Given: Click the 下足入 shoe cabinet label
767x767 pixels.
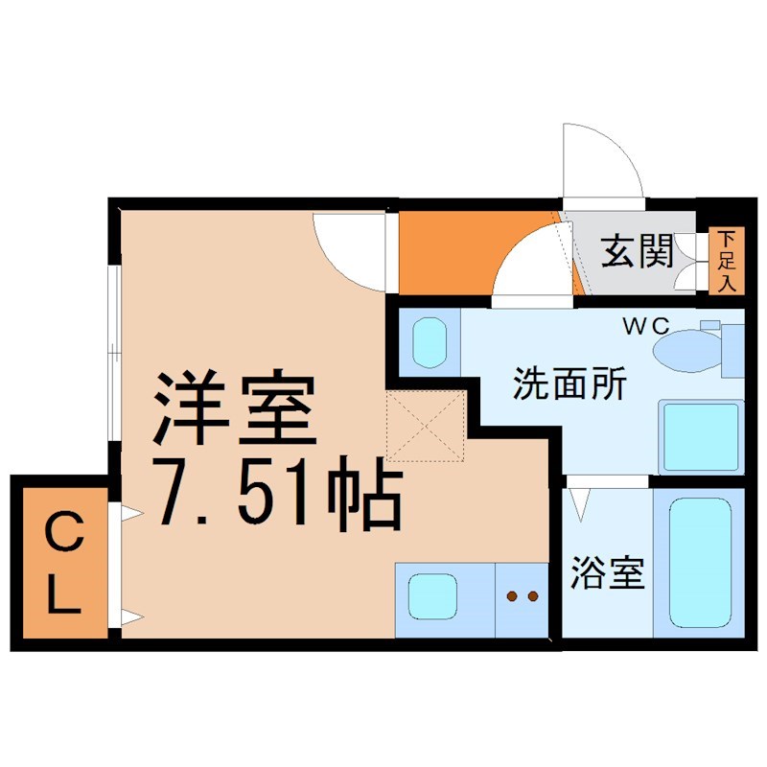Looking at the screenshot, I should pos(727,260).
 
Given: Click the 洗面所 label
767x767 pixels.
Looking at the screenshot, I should pos(569,384).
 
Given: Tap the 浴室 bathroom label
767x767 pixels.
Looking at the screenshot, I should pos(606,572).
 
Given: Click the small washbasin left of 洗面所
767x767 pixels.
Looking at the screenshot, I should pos(429,341).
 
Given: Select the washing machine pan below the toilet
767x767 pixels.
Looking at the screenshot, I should pos(701,436).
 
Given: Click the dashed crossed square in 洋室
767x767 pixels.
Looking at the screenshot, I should pos(426,426).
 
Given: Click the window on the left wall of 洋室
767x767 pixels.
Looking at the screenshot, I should pos(113,354).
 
